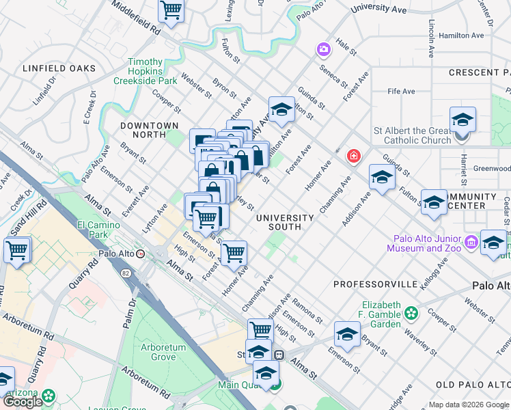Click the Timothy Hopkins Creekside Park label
pyautogui.click(x=145, y=71)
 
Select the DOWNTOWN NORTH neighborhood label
pyautogui.click(x=149, y=126)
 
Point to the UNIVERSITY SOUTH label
pyautogui.click(x=285, y=218)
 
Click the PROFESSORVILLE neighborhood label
pyautogui.click(x=375, y=284)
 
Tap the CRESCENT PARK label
pyautogui.click(x=479, y=72)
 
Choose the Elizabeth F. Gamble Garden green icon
pyautogui.click(x=411, y=313)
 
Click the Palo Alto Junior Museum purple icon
pyautogui.click(x=471, y=242)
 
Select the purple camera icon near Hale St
pyautogui.click(x=322, y=49)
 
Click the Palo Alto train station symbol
pyautogui.click(x=141, y=253)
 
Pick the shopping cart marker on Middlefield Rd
pyautogui.click(x=171, y=11)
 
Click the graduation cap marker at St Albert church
pyautogui.click(x=462, y=120)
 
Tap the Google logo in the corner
pyautogui.click(x=22, y=402)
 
